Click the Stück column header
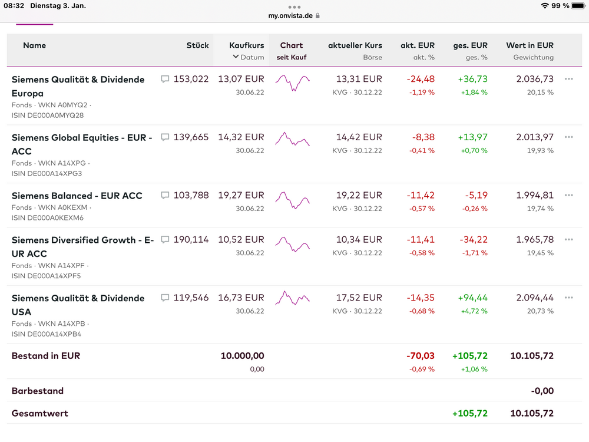(x=197, y=45)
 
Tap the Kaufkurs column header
(x=247, y=45)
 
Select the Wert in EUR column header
(x=530, y=45)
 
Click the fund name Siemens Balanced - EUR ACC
(x=77, y=196)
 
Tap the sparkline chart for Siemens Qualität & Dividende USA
(x=292, y=298)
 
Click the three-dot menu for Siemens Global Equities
(x=568, y=137)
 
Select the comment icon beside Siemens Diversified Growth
(x=165, y=240)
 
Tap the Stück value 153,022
(x=191, y=79)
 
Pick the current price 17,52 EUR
(x=359, y=298)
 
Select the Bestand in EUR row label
(x=46, y=356)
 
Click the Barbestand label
(x=38, y=391)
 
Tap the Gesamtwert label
(x=40, y=413)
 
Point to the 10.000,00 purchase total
(x=242, y=356)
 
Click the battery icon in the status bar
(x=578, y=6)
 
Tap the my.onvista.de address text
(x=290, y=16)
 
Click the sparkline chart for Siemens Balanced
(x=292, y=199)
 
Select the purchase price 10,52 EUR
(x=241, y=240)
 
